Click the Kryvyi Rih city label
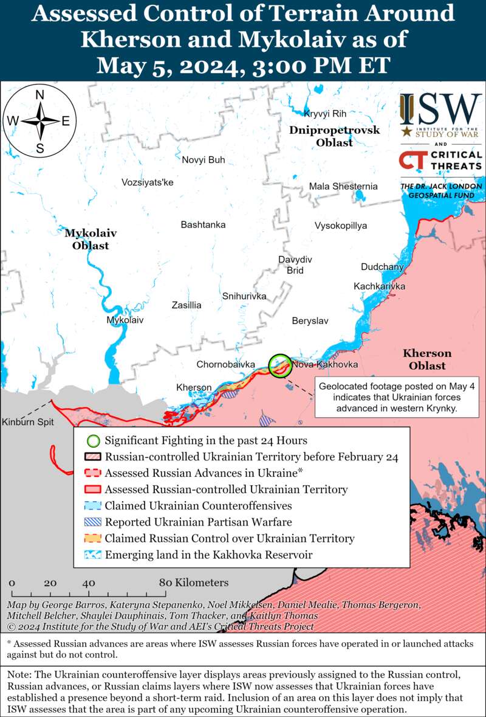(324, 114)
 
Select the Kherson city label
(194, 387)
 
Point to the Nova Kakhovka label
(324, 364)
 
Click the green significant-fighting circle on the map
(280, 365)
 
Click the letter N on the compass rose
(40, 94)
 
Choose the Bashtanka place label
(203, 224)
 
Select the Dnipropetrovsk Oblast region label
(334, 136)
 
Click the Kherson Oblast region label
(427, 359)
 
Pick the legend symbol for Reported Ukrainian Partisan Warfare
(92, 522)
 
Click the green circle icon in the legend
(92, 440)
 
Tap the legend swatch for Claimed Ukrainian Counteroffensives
(92, 505)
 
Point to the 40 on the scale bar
(89, 583)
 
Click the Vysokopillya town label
(341, 226)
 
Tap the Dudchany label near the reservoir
(382, 267)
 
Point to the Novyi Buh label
(204, 160)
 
